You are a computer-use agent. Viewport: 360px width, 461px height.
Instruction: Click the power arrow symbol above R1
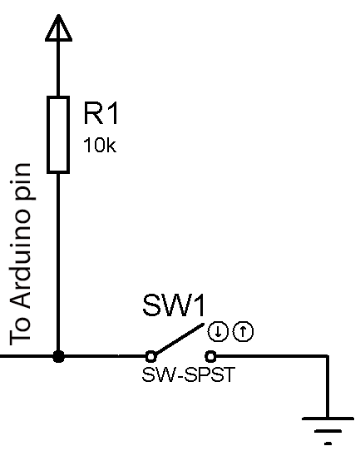coord(58,28)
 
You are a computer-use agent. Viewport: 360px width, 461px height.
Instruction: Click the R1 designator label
coord(101,113)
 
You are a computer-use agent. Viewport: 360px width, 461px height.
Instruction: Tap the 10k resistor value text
coord(100,145)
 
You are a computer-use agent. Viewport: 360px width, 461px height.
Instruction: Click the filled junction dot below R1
coord(58,357)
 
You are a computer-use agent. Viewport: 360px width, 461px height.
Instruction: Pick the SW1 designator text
coord(174,305)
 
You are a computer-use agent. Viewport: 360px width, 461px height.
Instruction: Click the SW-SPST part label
coord(189,374)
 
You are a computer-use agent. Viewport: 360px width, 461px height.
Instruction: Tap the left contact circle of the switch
coord(151,357)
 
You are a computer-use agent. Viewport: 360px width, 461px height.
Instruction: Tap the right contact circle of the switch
coord(210,357)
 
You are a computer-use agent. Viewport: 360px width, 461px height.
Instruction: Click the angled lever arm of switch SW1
coord(179,339)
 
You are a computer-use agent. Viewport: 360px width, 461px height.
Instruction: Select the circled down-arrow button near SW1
coord(218,332)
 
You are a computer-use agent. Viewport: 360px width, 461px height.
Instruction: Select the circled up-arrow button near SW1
coord(243,332)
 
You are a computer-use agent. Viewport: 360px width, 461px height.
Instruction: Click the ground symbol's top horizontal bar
coord(328,419)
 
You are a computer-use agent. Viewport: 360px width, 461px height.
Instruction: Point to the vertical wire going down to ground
coord(327,387)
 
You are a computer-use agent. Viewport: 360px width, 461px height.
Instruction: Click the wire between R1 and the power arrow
coord(58,68)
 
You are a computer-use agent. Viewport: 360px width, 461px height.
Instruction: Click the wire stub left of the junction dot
coord(27,357)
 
